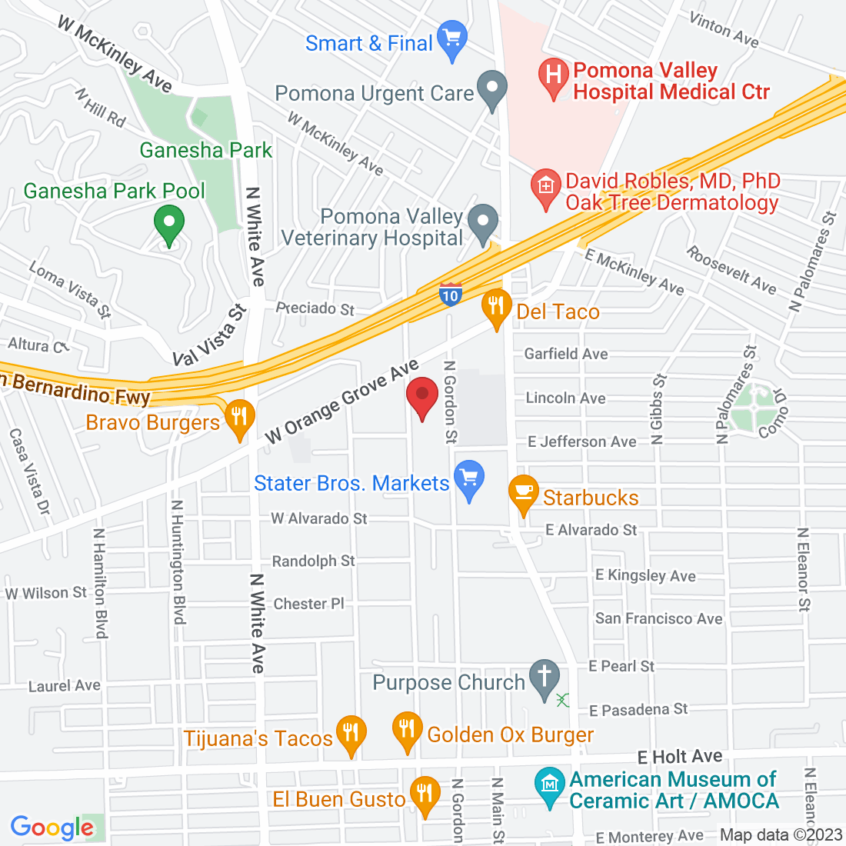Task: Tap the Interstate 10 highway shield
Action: tap(451, 295)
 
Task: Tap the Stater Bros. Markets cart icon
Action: tap(469, 478)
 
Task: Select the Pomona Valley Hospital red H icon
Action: tap(552, 76)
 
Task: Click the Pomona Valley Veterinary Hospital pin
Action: tap(483, 221)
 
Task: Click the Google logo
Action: tap(52, 828)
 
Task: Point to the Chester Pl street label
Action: tap(309, 604)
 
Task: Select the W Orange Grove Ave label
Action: tap(342, 401)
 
